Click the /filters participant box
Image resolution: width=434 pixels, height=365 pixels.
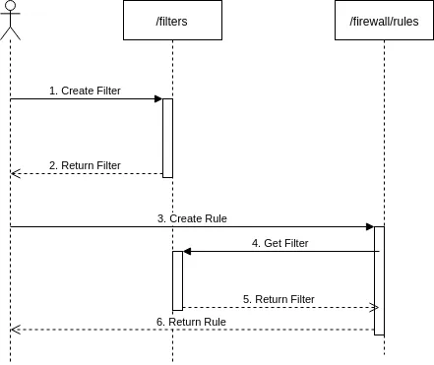tap(172, 21)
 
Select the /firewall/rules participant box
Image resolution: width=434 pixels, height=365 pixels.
tap(384, 21)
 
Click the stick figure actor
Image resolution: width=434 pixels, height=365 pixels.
tap(10, 21)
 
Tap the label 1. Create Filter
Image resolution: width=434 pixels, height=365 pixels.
tap(85, 91)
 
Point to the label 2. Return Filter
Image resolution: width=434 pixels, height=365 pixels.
tap(85, 165)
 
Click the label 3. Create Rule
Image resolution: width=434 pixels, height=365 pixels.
tap(192, 218)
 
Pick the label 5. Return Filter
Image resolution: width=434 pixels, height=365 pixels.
tap(279, 299)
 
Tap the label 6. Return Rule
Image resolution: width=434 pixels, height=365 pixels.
tap(191, 322)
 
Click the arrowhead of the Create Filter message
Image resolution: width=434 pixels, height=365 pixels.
tap(158, 98)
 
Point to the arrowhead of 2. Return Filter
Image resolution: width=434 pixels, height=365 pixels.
tap(14, 173)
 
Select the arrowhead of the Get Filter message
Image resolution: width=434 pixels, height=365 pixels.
tap(187, 252)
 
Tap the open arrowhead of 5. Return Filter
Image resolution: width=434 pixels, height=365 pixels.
tap(375, 307)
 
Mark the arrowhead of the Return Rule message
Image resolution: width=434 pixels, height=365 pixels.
tap(14, 330)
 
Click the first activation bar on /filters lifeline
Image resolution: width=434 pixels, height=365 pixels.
tap(167, 138)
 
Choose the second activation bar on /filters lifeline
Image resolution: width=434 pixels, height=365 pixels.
tap(177, 280)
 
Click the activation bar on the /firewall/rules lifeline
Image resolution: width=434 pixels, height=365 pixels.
tap(379, 280)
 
